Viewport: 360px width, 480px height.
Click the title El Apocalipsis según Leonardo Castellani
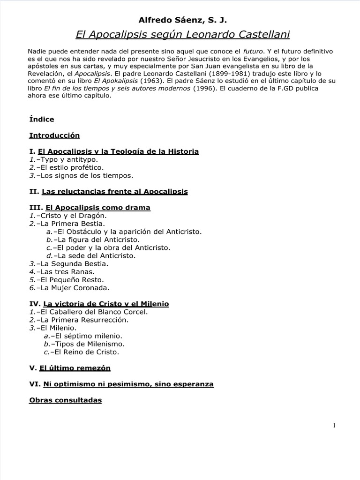pos(182,35)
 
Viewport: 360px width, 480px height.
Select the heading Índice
pos(42,119)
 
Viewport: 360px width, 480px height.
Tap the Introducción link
pos(54,135)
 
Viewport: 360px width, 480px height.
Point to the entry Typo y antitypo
pos(67,159)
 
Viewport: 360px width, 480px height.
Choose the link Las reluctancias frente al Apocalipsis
pos(115,191)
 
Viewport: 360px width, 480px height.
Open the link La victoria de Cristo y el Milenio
pos(106,304)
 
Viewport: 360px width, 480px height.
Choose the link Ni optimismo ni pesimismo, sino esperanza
pos(128,384)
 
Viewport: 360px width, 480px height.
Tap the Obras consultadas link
pos(65,400)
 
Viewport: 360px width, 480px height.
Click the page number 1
pos(334,425)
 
